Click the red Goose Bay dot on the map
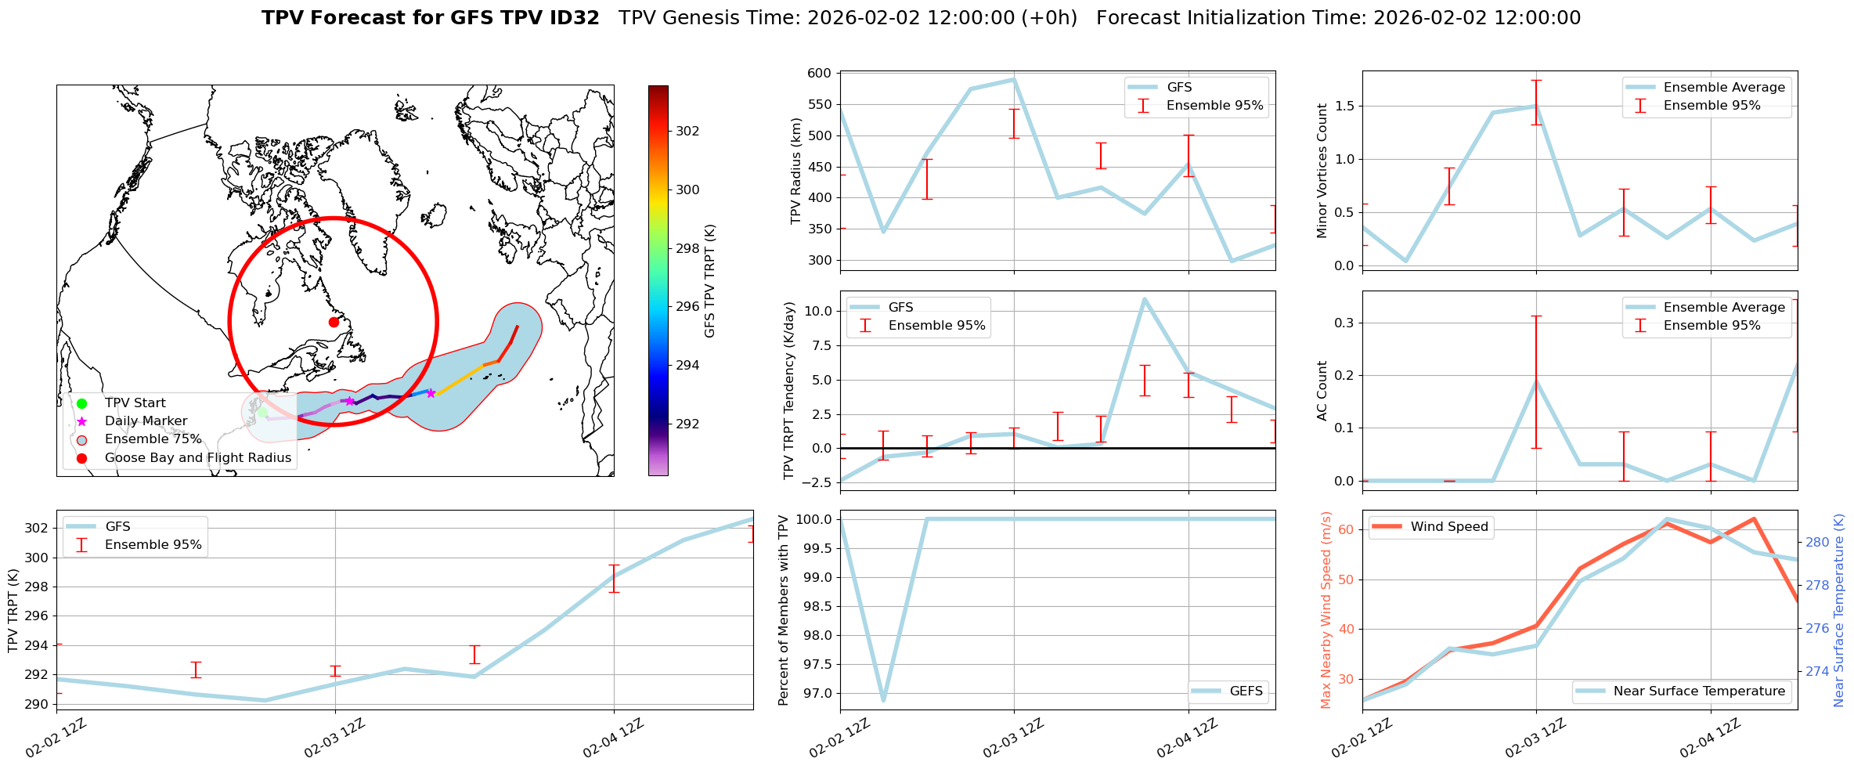click(x=334, y=322)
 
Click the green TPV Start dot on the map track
click(x=262, y=412)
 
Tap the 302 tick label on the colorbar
click(x=687, y=131)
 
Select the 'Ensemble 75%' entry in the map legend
click(x=153, y=439)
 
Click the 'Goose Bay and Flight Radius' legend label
click(x=197, y=457)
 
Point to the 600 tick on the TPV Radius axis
click(x=819, y=74)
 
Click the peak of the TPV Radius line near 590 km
click(x=1014, y=79)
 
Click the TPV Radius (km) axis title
click(x=796, y=171)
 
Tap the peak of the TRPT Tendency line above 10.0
click(x=1145, y=298)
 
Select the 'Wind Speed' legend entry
click(x=1448, y=527)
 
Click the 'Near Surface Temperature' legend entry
click(x=1699, y=691)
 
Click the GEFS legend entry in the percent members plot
click(x=1245, y=691)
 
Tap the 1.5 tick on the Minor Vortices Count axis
click(x=1344, y=106)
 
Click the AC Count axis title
click(x=1322, y=390)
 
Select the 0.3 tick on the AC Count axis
click(x=1344, y=323)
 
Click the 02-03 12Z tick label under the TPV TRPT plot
click(x=335, y=738)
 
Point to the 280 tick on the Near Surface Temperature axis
click(x=1817, y=542)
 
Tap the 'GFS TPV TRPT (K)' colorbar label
click(x=709, y=280)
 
